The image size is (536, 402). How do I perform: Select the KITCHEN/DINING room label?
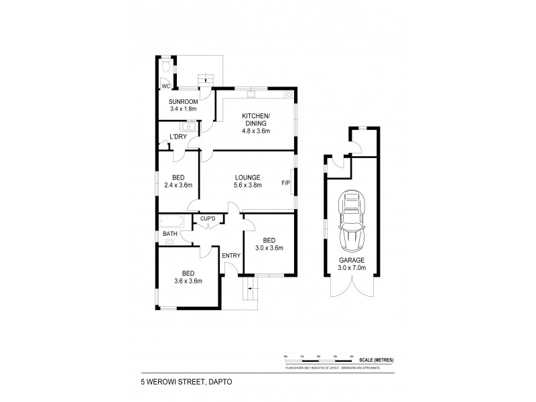click(255, 119)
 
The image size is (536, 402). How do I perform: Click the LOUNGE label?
click(247, 177)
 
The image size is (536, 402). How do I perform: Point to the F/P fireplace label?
click(285, 183)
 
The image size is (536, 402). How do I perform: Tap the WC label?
click(164, 86)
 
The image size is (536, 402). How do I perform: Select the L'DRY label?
click(178, 137)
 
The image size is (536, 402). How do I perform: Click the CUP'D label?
click(208, 218)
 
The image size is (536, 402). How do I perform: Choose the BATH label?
click(170, 234)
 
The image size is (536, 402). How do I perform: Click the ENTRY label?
click(231, 255)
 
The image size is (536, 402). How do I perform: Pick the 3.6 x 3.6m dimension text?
click(188, 281)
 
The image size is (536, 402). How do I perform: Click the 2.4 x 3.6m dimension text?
click(178, 185)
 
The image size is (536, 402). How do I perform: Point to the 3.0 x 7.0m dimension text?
click(351, 269)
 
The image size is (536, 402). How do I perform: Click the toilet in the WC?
click(165, 66)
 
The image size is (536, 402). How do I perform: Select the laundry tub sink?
click(191, 125)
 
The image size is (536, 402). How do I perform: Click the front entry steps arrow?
click(250, 289)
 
